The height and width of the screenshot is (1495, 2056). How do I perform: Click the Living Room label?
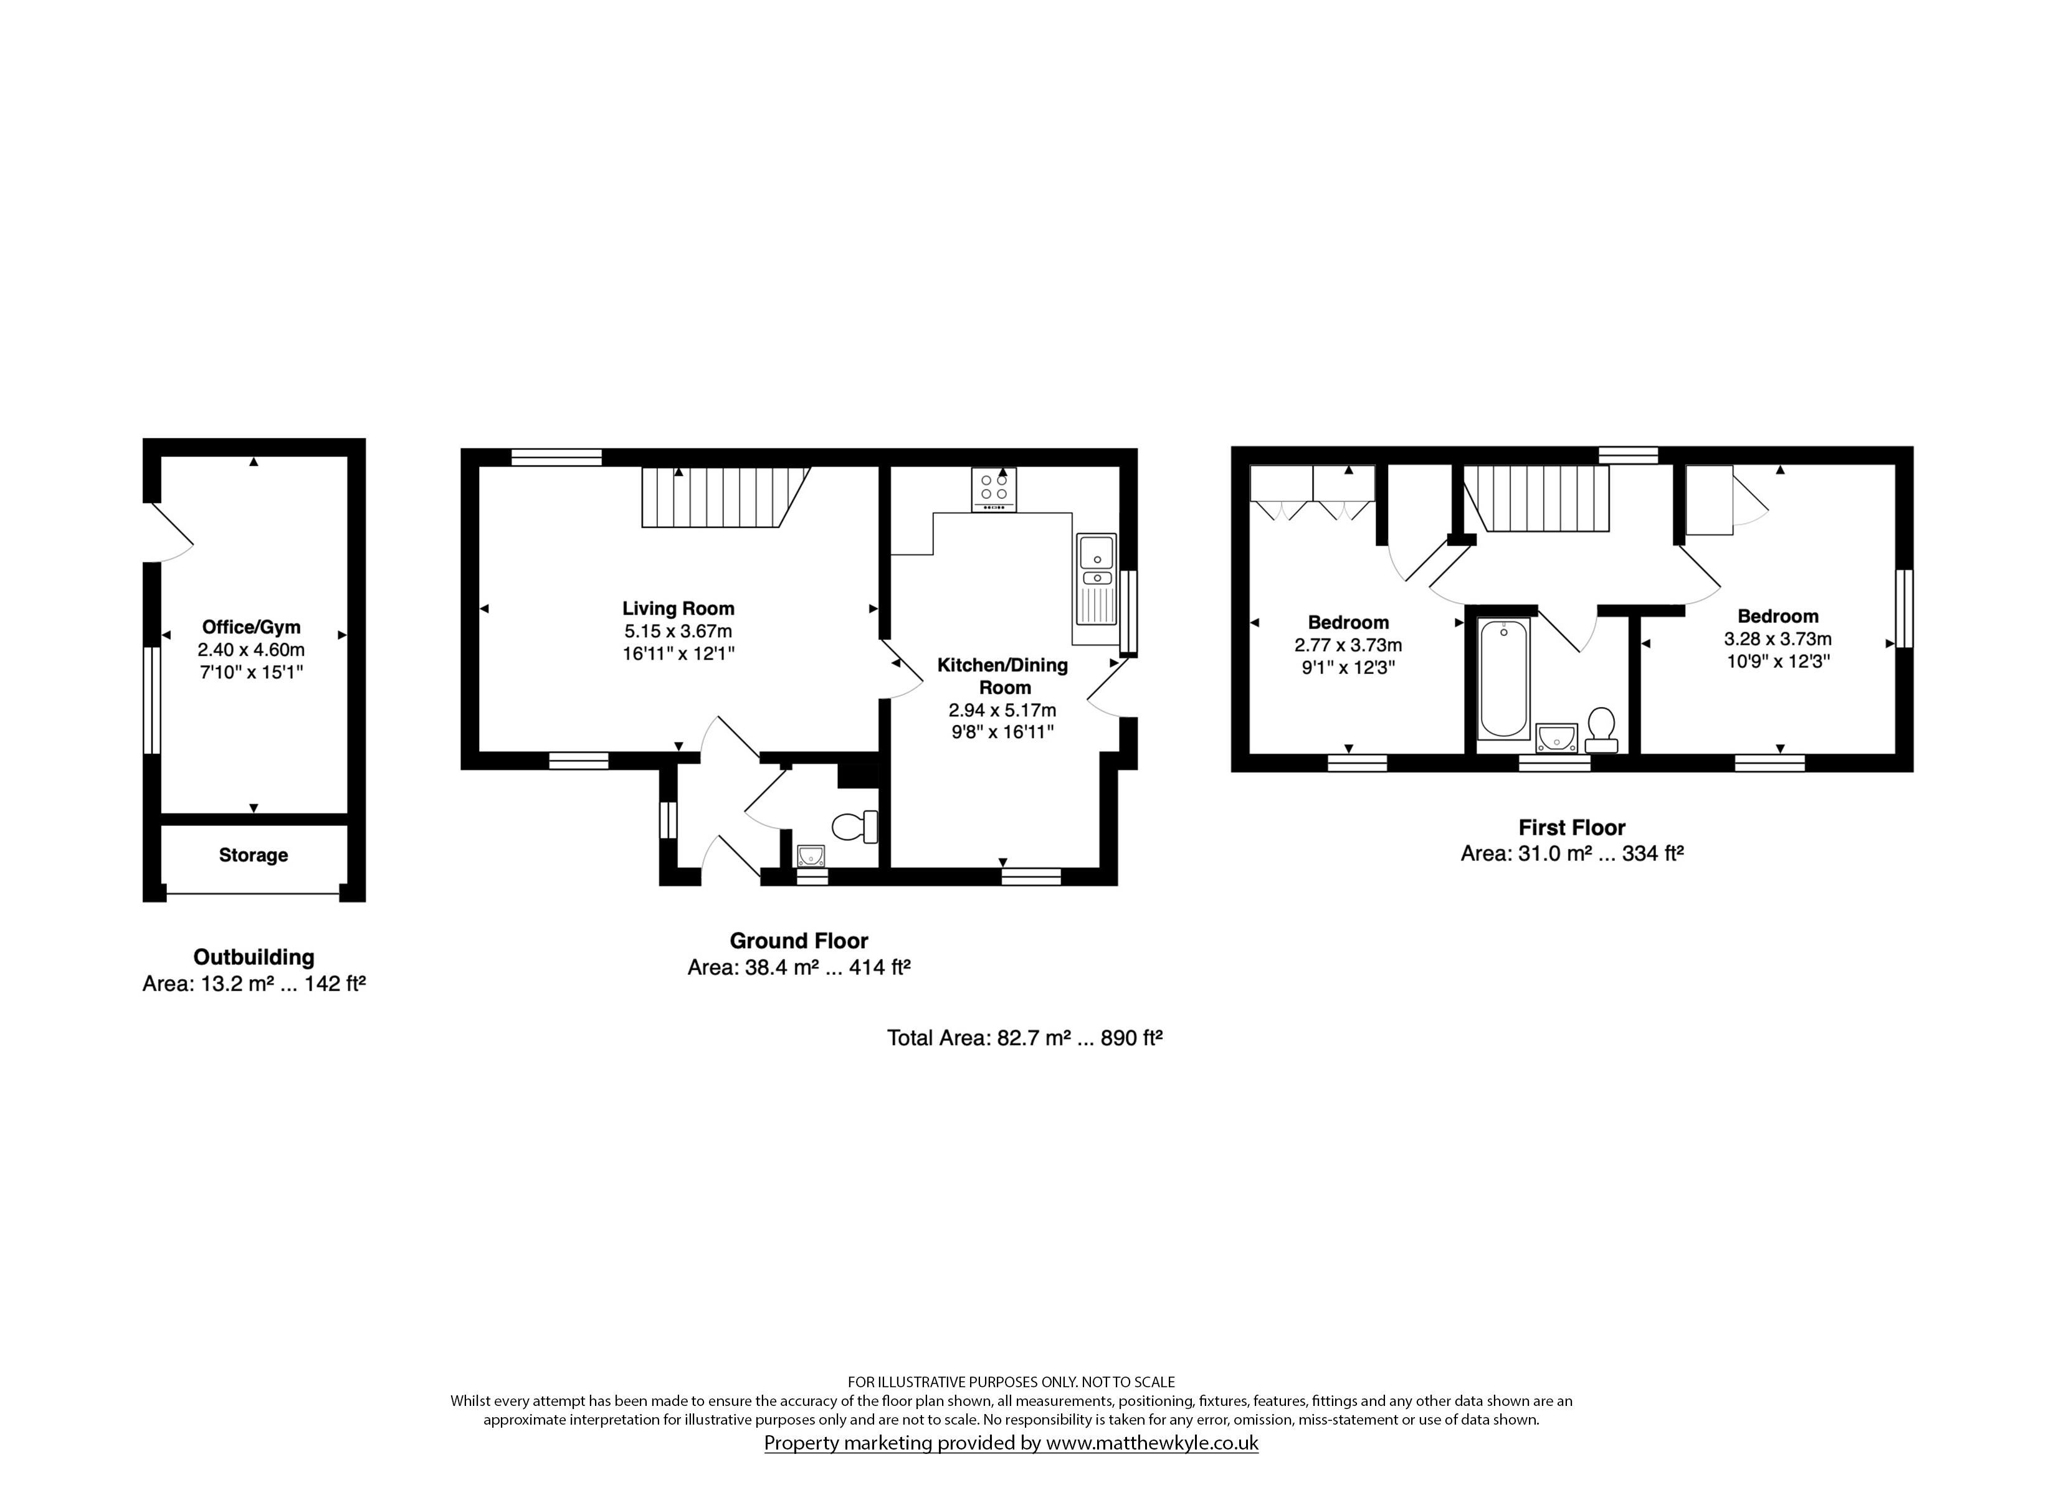(678, 609)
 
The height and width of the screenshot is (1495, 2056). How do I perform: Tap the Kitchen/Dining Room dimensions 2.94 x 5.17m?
(1002, 710)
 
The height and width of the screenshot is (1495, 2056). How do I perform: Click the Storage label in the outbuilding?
(254, 855)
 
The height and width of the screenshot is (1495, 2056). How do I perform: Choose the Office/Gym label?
(251, 627)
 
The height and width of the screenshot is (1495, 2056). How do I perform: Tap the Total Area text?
(1024, 1038)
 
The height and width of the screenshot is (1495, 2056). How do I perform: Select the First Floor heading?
(1572, 828)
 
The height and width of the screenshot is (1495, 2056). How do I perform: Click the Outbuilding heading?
(254, 957)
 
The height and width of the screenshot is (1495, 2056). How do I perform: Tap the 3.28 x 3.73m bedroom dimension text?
(1778, 639)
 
